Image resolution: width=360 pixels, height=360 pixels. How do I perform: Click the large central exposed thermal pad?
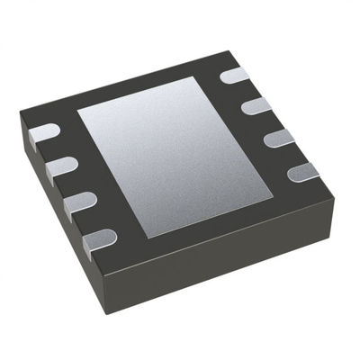pos(175,153)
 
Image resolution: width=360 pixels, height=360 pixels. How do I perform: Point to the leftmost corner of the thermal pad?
pos(78,112)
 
